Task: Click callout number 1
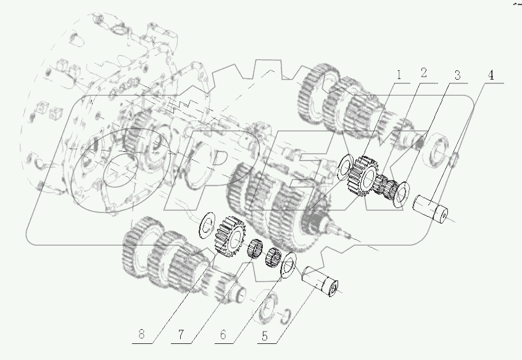click(399, 77)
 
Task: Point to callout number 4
click(491, 75)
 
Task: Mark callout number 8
click(143, 336)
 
